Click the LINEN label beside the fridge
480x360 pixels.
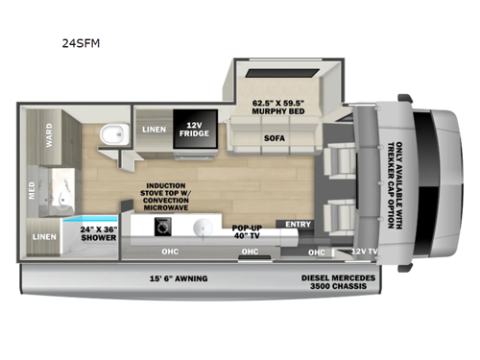coord(153,128)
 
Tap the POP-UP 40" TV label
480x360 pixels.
coord(248,231)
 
